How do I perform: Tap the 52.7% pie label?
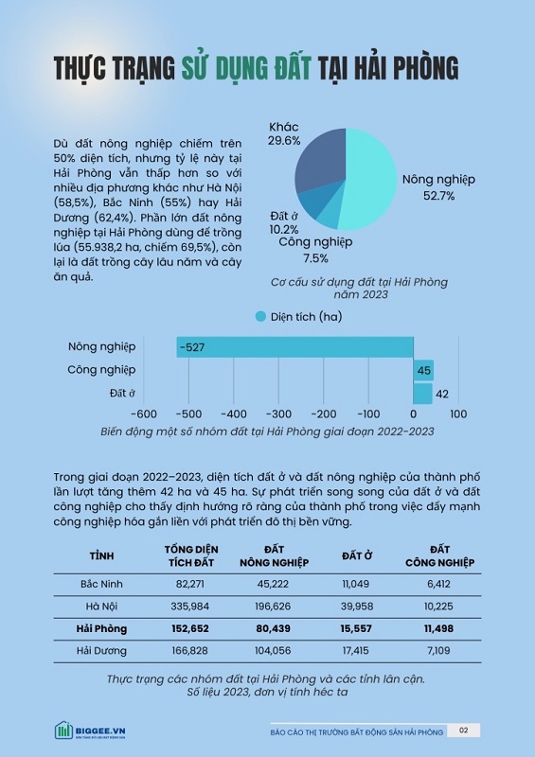[x=438, y=196]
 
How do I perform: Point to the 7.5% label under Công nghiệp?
[x=315, y=258]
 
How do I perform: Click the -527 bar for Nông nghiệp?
[x=294, y=347]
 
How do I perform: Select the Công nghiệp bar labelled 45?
[x=423, y=370]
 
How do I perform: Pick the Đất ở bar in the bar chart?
[x=422, y=394]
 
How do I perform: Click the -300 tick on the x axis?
[x=278, y=414]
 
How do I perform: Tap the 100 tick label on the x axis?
[x=458, y=414]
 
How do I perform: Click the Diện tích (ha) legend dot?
[x=260, y=317]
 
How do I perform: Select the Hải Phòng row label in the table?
[x=101, y=628]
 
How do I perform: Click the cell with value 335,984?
[x=190, y=607]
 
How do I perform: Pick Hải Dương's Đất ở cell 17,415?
[x=356, y=651]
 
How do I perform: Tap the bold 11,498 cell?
[x=438, y=628]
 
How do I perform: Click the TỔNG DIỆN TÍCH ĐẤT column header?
[x=191, y=556]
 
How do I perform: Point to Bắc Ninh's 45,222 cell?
[x=273, y=584]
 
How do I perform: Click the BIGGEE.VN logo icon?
[x=63, y=731]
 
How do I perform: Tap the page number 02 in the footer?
[x=463, y=731]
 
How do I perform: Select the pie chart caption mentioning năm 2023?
[x=359, y=289]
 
